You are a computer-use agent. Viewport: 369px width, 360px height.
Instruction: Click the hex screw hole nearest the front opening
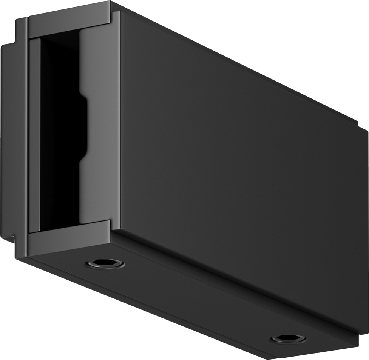click(x=105, y=264)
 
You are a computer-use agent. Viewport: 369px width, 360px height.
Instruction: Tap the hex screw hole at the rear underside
click(x=288, y=338)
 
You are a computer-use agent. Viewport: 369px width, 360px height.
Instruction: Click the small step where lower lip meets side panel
click(x=112, y=226)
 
